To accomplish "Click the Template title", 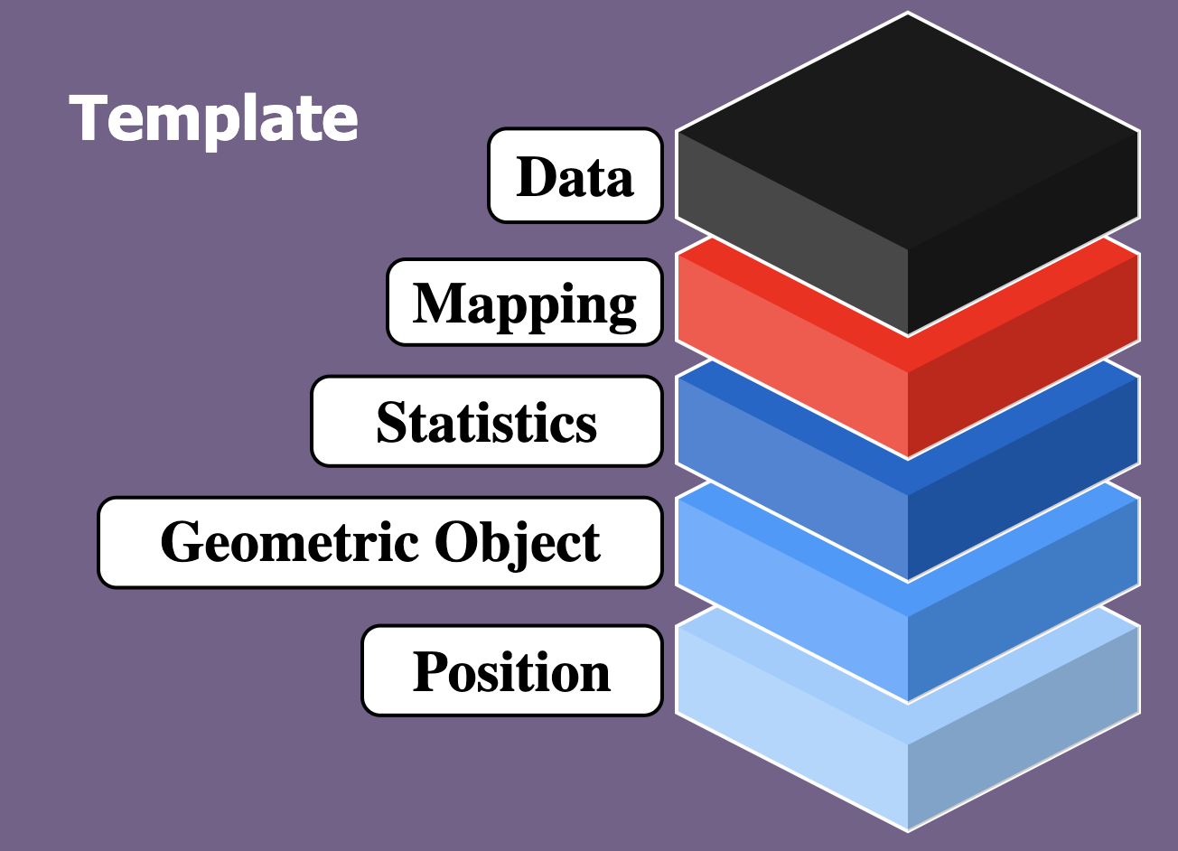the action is point(213,120).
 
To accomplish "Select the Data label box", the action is point(575,175).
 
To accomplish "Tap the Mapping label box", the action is point(525,302).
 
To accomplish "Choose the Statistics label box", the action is point(487,421).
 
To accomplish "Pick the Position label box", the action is point(512,670).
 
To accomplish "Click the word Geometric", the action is point(290,542).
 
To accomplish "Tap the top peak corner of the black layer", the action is point(908,14).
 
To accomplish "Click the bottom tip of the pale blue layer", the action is point(908,831).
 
